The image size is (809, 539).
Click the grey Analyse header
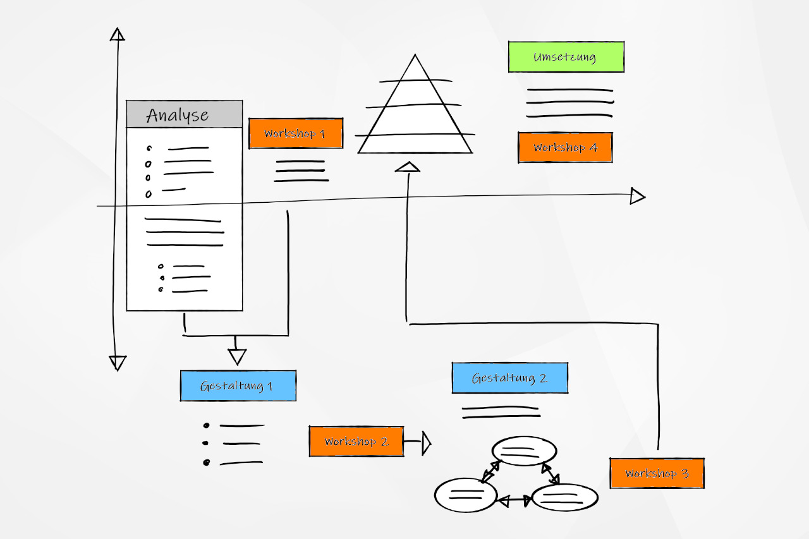point(185,114)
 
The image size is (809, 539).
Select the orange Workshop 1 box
point(296,133)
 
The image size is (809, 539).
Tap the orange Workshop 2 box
point(356,441)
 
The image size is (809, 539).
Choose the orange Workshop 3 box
point(657,473)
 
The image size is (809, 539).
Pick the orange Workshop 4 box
point(565,147)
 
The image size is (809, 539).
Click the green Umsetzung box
point(566,57)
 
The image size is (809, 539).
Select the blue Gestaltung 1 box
point(238,385)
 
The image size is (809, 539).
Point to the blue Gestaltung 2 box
point(509,378)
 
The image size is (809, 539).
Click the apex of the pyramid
point(415,57)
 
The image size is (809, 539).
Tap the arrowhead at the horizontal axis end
point(637,197)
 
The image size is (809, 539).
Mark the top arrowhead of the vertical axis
point(117,34)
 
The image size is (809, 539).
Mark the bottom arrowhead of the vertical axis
point(118,363)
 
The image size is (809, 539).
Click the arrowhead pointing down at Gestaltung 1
point(237,356)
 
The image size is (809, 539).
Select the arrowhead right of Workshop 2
point(427,444)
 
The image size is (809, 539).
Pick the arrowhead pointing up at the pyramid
point(408,167)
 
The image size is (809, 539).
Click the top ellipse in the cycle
point(525,451)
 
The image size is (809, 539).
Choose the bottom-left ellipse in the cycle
point(466,494)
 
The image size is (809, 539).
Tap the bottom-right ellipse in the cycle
point(565,497)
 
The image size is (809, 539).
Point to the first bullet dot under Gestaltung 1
point(206,425)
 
